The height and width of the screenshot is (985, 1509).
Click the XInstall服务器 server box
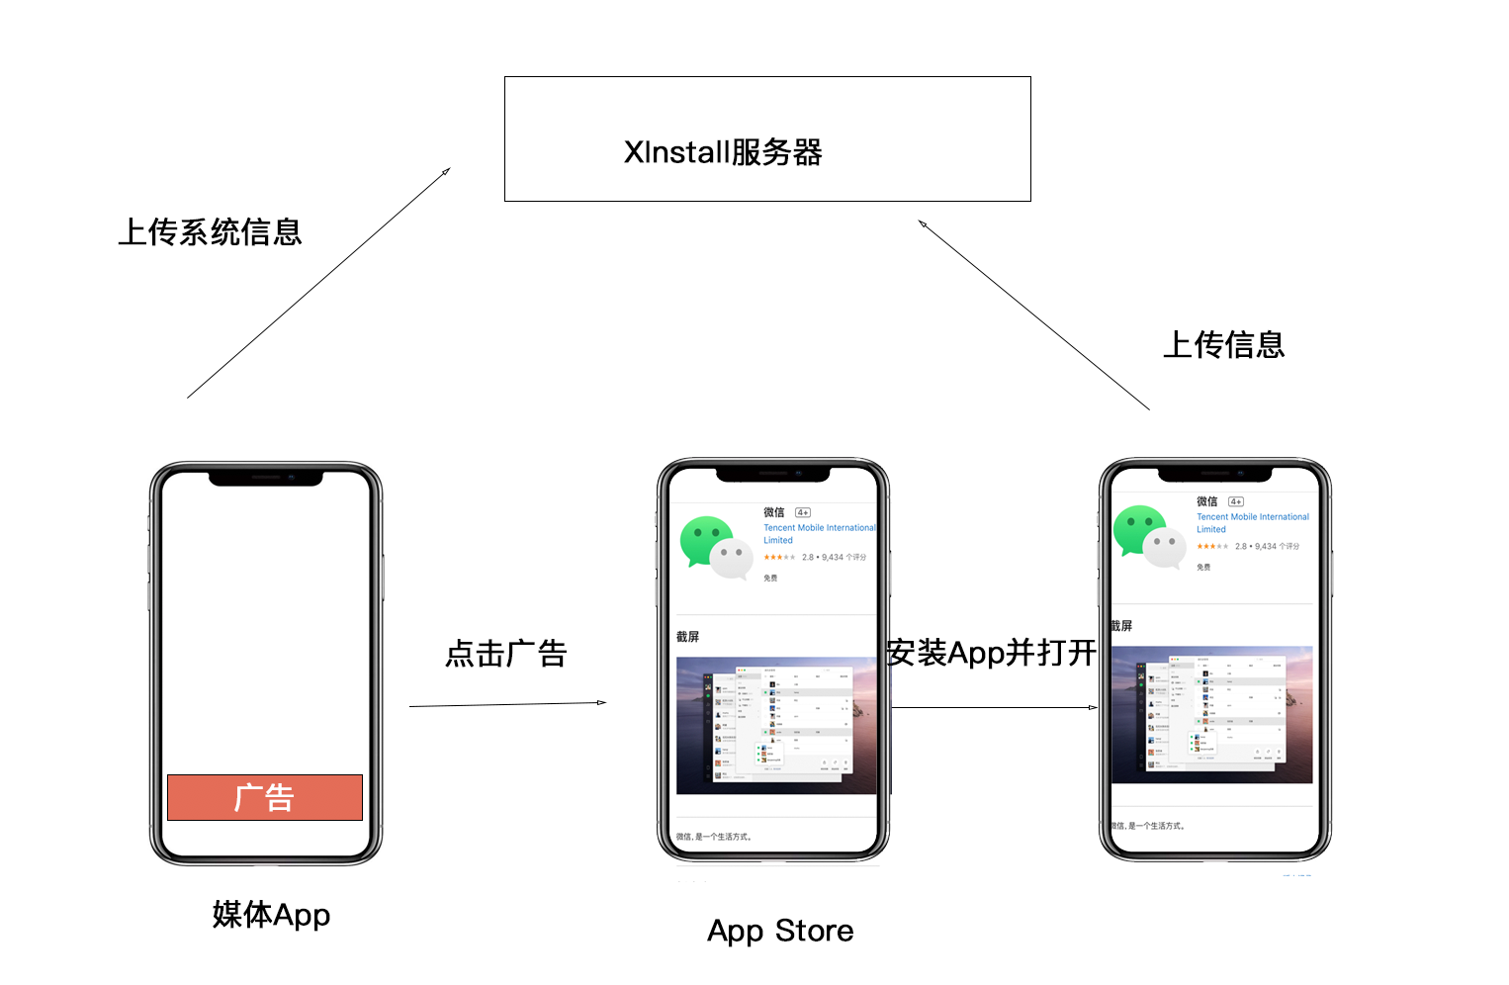767,139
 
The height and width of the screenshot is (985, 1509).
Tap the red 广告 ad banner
265,797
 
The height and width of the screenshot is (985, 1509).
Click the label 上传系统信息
210,232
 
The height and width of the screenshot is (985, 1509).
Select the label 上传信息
1223,345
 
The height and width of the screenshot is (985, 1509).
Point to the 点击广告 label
505,654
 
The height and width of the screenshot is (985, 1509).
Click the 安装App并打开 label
991,653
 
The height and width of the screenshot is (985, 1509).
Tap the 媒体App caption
271,915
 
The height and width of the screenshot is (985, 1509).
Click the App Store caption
780,932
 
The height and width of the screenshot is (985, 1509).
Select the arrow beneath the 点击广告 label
507,704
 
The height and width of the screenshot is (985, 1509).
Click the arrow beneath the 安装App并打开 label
994,707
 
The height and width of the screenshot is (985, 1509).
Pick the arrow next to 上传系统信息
318,283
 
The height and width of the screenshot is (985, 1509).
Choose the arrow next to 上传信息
1033,314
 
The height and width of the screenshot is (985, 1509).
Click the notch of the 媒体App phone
266,478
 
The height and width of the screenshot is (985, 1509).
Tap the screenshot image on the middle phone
776,725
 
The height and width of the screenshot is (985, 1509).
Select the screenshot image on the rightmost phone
1211,714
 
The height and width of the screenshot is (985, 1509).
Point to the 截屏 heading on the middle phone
687,637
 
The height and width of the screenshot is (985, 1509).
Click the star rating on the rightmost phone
1211,546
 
